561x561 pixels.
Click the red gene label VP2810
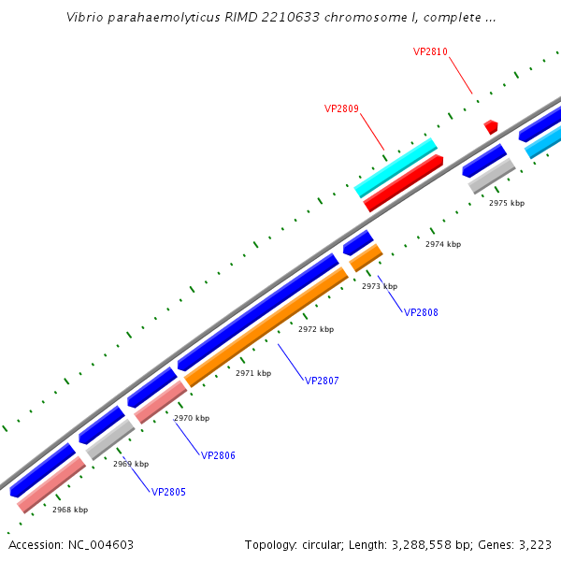(430, 51)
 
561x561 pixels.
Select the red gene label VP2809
(341, 108)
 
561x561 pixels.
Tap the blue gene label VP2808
(421, 312)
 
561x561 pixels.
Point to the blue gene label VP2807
(322, 381)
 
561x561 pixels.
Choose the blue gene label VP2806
(218, 455)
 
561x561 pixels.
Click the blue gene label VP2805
(168, 492)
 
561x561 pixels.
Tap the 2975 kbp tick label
(507, 203)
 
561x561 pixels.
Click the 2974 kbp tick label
(443, 244)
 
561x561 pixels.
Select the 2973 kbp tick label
(380, 286)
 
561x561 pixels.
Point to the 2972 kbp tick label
(316, 329)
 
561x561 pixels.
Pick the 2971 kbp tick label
(253, 373)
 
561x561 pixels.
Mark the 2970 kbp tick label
(192, 418)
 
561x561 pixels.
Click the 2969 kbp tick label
(131, 464)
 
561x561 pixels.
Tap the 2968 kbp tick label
(70, 510)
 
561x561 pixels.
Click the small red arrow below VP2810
(491, 126)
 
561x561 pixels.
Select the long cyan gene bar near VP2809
(396, 167)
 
